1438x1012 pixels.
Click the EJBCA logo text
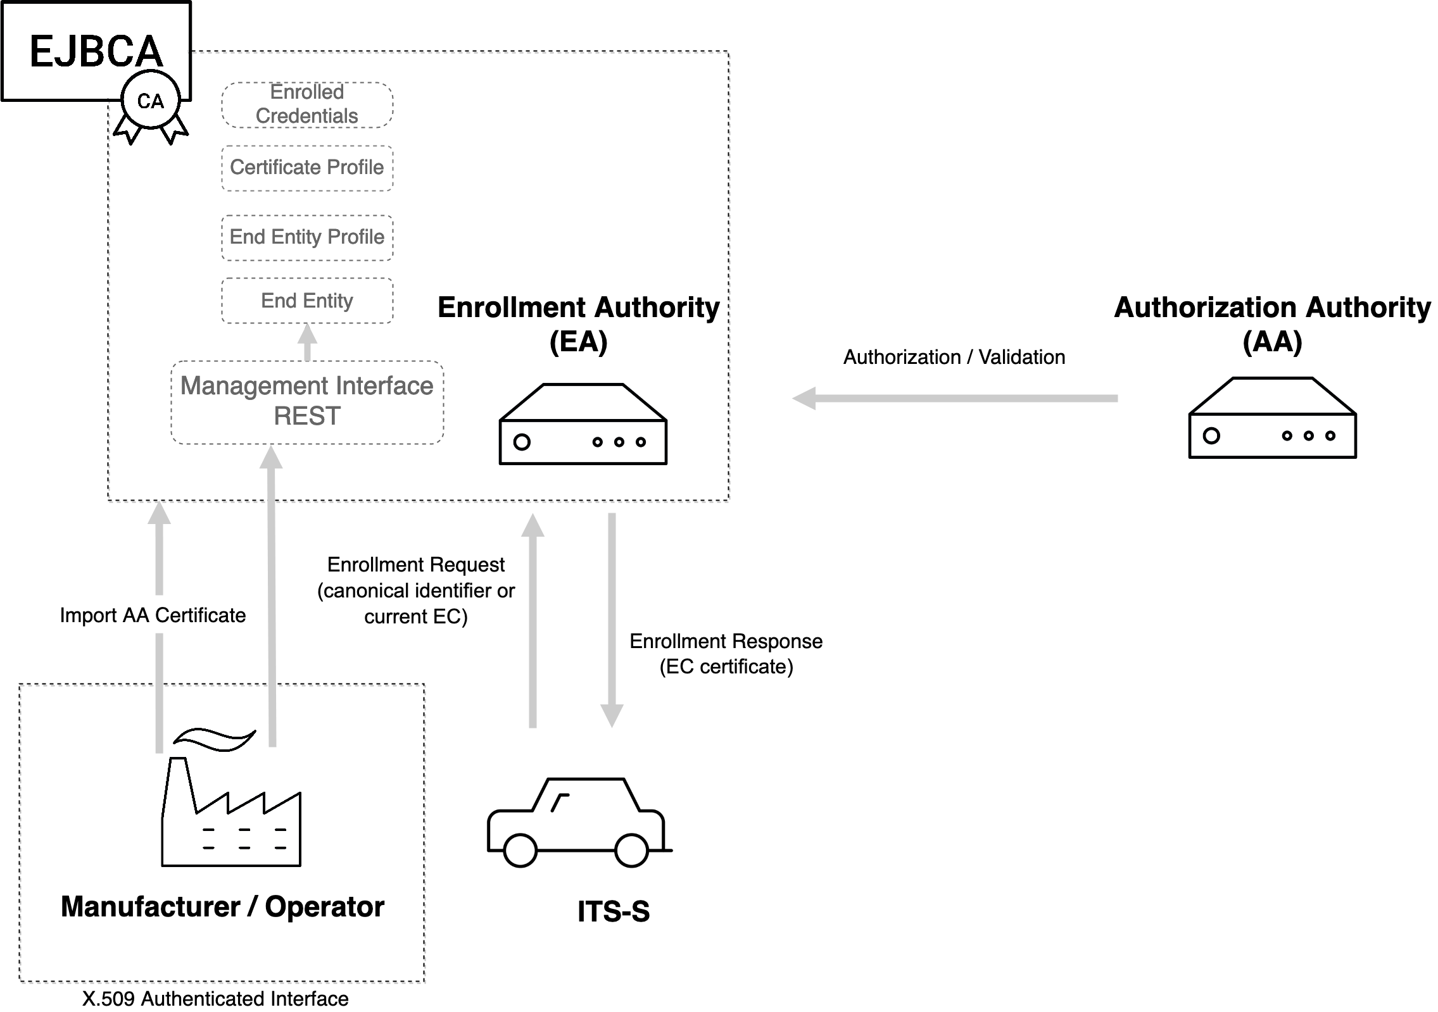click(x=96, y=51)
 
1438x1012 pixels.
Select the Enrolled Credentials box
click(x=307, y=104)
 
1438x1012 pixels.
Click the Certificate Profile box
click(x=307, y=168)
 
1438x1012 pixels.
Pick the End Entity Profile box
click(x=307, y=237)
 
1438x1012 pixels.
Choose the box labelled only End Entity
click(x=307, y=301)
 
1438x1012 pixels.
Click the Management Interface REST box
click(x=307, y=402)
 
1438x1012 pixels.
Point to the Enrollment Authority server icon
click(x=583, y=424)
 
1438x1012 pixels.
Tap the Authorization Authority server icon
click(x=1272, y=418)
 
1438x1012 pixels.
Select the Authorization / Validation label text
click(x=954, y=358)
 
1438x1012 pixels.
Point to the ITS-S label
click(x=613, y=912)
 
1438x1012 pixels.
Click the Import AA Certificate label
click(x=153, y=615)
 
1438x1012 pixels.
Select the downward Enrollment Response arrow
click(x=612, y=620)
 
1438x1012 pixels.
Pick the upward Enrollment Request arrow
click(x=533, y=620)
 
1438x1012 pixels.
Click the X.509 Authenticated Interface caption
click(x=215, y=999)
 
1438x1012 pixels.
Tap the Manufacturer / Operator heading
click(x=222, y=907)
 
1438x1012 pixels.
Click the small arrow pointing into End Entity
click(x=307, y=342)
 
